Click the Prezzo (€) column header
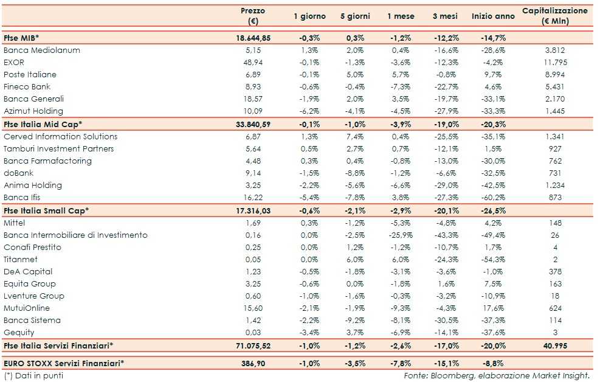point(253,16)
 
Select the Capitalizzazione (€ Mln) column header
point(554,16)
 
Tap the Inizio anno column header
point(493,16)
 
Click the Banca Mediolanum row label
point(42,50)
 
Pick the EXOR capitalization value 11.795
point(554,63)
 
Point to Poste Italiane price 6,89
point(253,75)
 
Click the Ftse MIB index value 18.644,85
point(253,38)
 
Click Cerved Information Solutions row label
point(61,137)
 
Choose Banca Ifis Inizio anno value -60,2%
point(493,198)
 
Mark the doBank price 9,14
point(253,173)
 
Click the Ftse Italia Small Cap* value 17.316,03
point(253,210)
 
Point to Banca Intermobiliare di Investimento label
point(75,235)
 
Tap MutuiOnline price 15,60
point(253,308)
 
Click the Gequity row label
point(19,333)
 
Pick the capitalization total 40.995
point(554,346)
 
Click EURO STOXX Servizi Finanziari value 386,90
point(253,363)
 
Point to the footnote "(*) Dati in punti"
point(33,375)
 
